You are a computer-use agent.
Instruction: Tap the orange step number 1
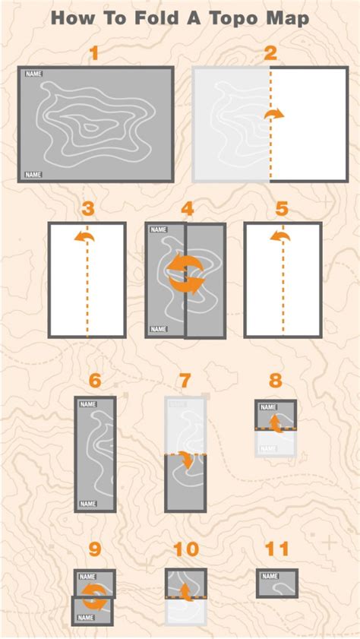click(x=94, y=53)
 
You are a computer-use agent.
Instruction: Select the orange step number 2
click(x=270, y=53)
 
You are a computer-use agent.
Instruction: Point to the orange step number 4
click(x=187, y=209)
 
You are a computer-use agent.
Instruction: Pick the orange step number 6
click(x=95, y=381)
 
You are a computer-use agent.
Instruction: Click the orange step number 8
click(x=276, y=381)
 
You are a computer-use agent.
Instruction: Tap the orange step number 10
click(x=186, y=549)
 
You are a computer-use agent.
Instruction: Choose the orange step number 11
click(x=277, y=549)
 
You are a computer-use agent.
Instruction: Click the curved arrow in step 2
click(x=273, y=115)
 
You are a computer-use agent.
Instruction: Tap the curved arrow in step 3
click(x=84, y=237)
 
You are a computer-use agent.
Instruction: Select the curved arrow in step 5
click(x=280, y=236)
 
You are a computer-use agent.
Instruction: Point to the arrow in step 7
click(x=188, y=460)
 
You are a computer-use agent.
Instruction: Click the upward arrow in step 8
click(x=276, y=423)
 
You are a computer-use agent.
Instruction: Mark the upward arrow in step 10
click(x=187, y=592)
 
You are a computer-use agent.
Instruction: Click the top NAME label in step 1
click(x=34, y=74)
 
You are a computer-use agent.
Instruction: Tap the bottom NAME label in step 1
click(x=33, y=175)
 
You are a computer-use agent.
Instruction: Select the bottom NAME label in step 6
click(x=88, y=504)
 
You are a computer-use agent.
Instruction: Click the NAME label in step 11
click(x=270, y=576)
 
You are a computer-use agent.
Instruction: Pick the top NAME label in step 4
click(x=159, y=230)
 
